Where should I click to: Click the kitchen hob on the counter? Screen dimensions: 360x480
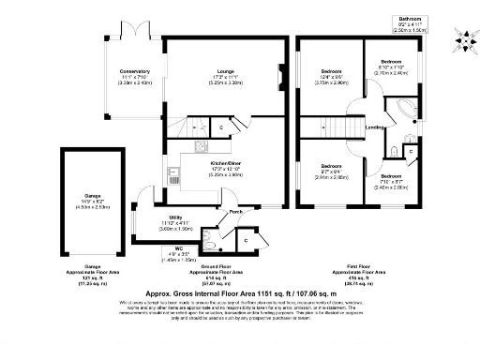pos(200,146)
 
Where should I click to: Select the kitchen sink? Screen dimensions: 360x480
pos(174,174)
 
